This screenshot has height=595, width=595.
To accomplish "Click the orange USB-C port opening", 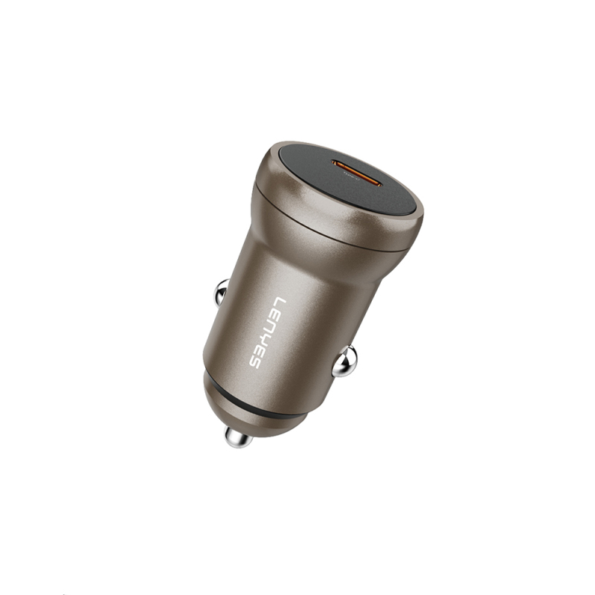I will (x=358, y=173).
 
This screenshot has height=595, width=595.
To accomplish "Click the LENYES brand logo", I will (x=266, y=332).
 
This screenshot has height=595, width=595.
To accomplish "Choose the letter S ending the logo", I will (x=254, y=361).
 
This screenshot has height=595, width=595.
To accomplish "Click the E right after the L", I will (x=274, y=313).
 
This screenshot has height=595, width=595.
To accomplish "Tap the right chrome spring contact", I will (x=344, y=362).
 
